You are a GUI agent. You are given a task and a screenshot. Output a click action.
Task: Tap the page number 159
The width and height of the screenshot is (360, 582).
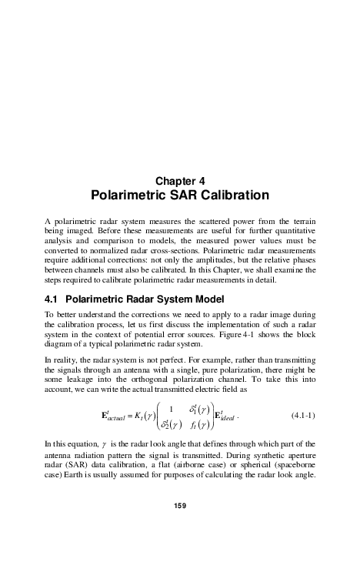[180, 548]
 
